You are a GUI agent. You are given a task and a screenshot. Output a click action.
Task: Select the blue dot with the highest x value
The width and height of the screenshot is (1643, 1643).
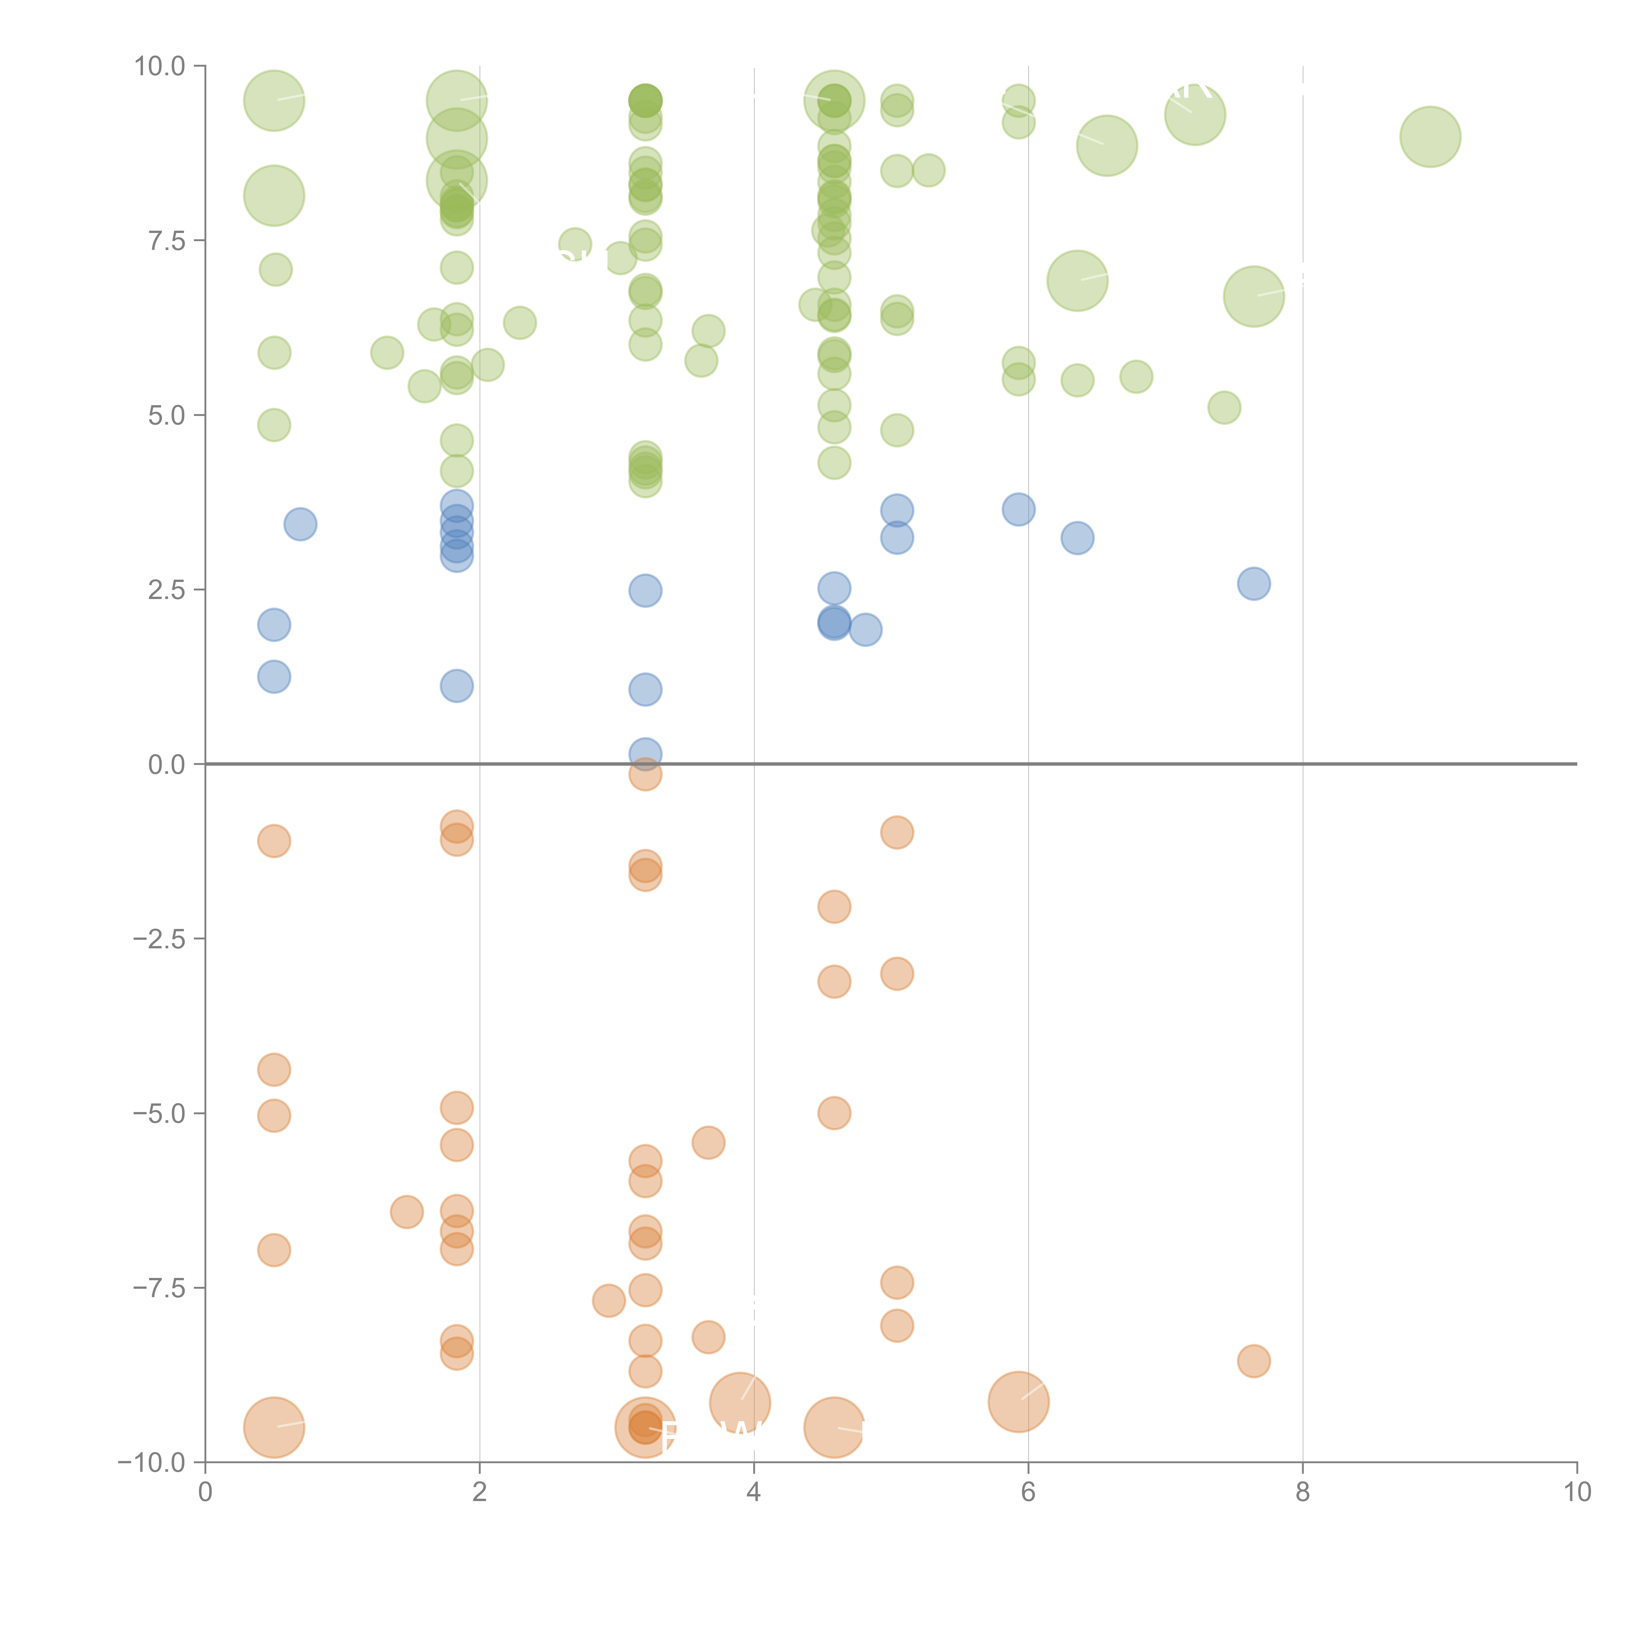click(x=1254, y=583)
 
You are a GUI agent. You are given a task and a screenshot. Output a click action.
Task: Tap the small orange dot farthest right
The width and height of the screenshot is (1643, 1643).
click(x=1254, y=1361)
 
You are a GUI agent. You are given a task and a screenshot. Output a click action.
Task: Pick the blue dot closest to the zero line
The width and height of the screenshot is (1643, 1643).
click(x=645, y=753)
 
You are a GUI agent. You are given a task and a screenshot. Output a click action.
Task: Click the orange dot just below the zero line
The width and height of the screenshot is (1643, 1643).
click(x=645, y=775)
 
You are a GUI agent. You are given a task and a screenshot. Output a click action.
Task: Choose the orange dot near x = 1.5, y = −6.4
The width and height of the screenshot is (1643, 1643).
click(x=406, y=1212)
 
